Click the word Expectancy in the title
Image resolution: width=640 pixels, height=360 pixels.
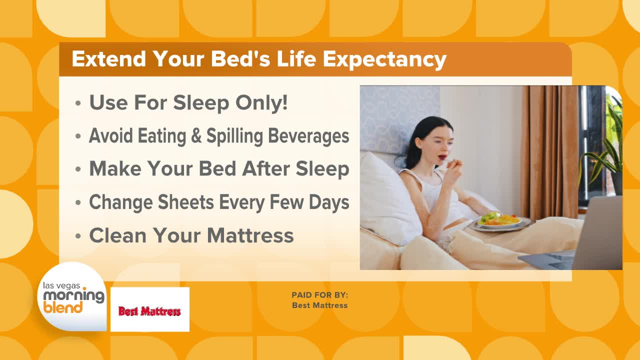[384, 59]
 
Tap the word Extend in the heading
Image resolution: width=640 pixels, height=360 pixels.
[109, 58]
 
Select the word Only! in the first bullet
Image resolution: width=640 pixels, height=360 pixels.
[261, 102]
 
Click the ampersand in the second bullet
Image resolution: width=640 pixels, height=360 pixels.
[196, 135]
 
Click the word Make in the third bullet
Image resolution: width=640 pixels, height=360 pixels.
[115, 168]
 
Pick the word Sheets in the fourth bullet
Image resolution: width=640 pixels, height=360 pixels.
[186, 202]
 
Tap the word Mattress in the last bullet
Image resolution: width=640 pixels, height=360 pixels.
[250, 235]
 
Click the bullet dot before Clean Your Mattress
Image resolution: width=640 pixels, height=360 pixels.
[78, 236]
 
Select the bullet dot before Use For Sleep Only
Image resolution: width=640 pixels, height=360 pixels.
[78, 103]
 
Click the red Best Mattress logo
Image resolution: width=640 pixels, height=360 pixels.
[149, 311]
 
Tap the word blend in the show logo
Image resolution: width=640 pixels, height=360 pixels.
[63, 307]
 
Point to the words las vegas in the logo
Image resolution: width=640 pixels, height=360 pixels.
[61, 285]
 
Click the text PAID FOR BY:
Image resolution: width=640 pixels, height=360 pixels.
[319, 295]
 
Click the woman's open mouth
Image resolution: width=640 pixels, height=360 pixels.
[442, 157]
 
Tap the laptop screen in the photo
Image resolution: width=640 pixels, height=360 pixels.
[599, 232]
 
